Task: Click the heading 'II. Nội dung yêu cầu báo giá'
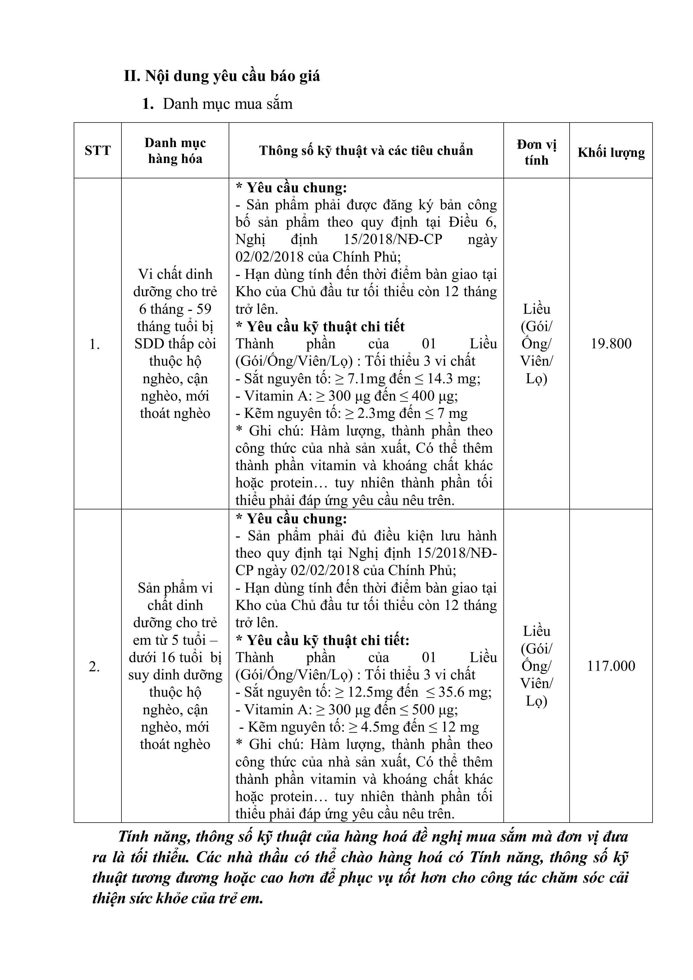point(222,76)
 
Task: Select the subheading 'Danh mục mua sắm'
point(228,104)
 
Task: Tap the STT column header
point(97,151)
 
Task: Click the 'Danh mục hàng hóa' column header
point(175,151)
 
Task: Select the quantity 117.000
point(611,666)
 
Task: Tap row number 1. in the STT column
point(94,344)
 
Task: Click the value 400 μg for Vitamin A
point(435,396)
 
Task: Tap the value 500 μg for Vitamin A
point(435,709)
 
